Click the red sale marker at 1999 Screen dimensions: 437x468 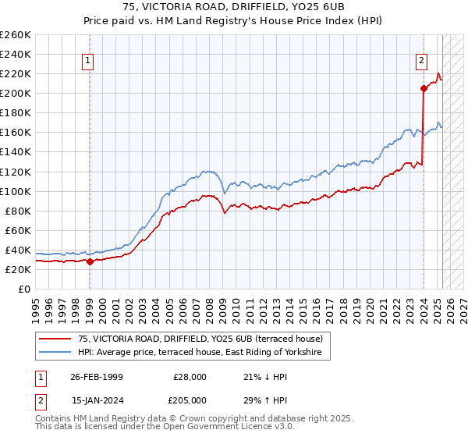coord(90,261)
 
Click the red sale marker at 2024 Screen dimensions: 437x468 coord(424,88)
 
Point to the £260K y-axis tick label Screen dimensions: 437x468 coord(16,35)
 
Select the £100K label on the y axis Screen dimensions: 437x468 coord(16,191)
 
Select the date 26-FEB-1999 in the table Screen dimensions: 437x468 coord(96,376)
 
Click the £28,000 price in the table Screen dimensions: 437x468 coord(190,376)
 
